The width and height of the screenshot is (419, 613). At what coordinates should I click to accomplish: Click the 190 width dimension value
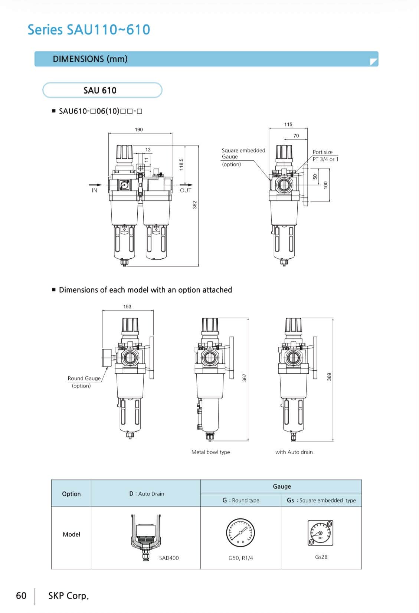click(x=138, y=130)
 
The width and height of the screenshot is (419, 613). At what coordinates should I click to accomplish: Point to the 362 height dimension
click(x=194, y=205)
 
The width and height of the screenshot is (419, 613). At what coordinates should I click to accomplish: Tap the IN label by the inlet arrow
click(x=94, y=190)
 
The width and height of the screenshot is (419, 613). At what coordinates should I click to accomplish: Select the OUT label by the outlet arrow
click(x=186, y=190)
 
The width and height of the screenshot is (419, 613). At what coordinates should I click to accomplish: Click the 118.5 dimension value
click(x=181, y=164)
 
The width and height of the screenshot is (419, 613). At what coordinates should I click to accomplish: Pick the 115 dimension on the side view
click(x=288, y=124)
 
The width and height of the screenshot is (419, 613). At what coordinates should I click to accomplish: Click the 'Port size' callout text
click(x=323, y=152)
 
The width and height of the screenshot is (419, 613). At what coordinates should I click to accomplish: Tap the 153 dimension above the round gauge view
click(x=127, y=306)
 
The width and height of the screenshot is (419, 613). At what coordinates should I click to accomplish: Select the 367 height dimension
click(x=244, y=378)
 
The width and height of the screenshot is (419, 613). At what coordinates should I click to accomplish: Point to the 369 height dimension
click(x=329, y=377)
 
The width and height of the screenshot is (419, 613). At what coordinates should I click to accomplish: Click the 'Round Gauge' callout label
click(x=84, y=378)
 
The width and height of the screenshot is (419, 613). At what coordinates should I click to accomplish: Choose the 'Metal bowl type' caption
click(x=210, y=452)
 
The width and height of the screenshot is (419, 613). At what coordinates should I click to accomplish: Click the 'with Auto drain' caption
click(x=294, y=452)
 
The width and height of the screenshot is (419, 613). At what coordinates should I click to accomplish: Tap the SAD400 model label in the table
click(x=169, y=558)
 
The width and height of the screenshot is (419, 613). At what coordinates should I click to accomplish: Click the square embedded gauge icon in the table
click(x=320, y=533)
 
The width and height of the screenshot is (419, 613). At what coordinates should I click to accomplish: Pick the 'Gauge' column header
click(x=282, y=486)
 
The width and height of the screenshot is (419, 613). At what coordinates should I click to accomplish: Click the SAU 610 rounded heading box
click(x=102, y=90)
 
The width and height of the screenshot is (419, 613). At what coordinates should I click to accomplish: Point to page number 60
click(x=21, y=596)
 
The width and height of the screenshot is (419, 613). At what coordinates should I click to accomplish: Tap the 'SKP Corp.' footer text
click(x=69, y=596)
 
